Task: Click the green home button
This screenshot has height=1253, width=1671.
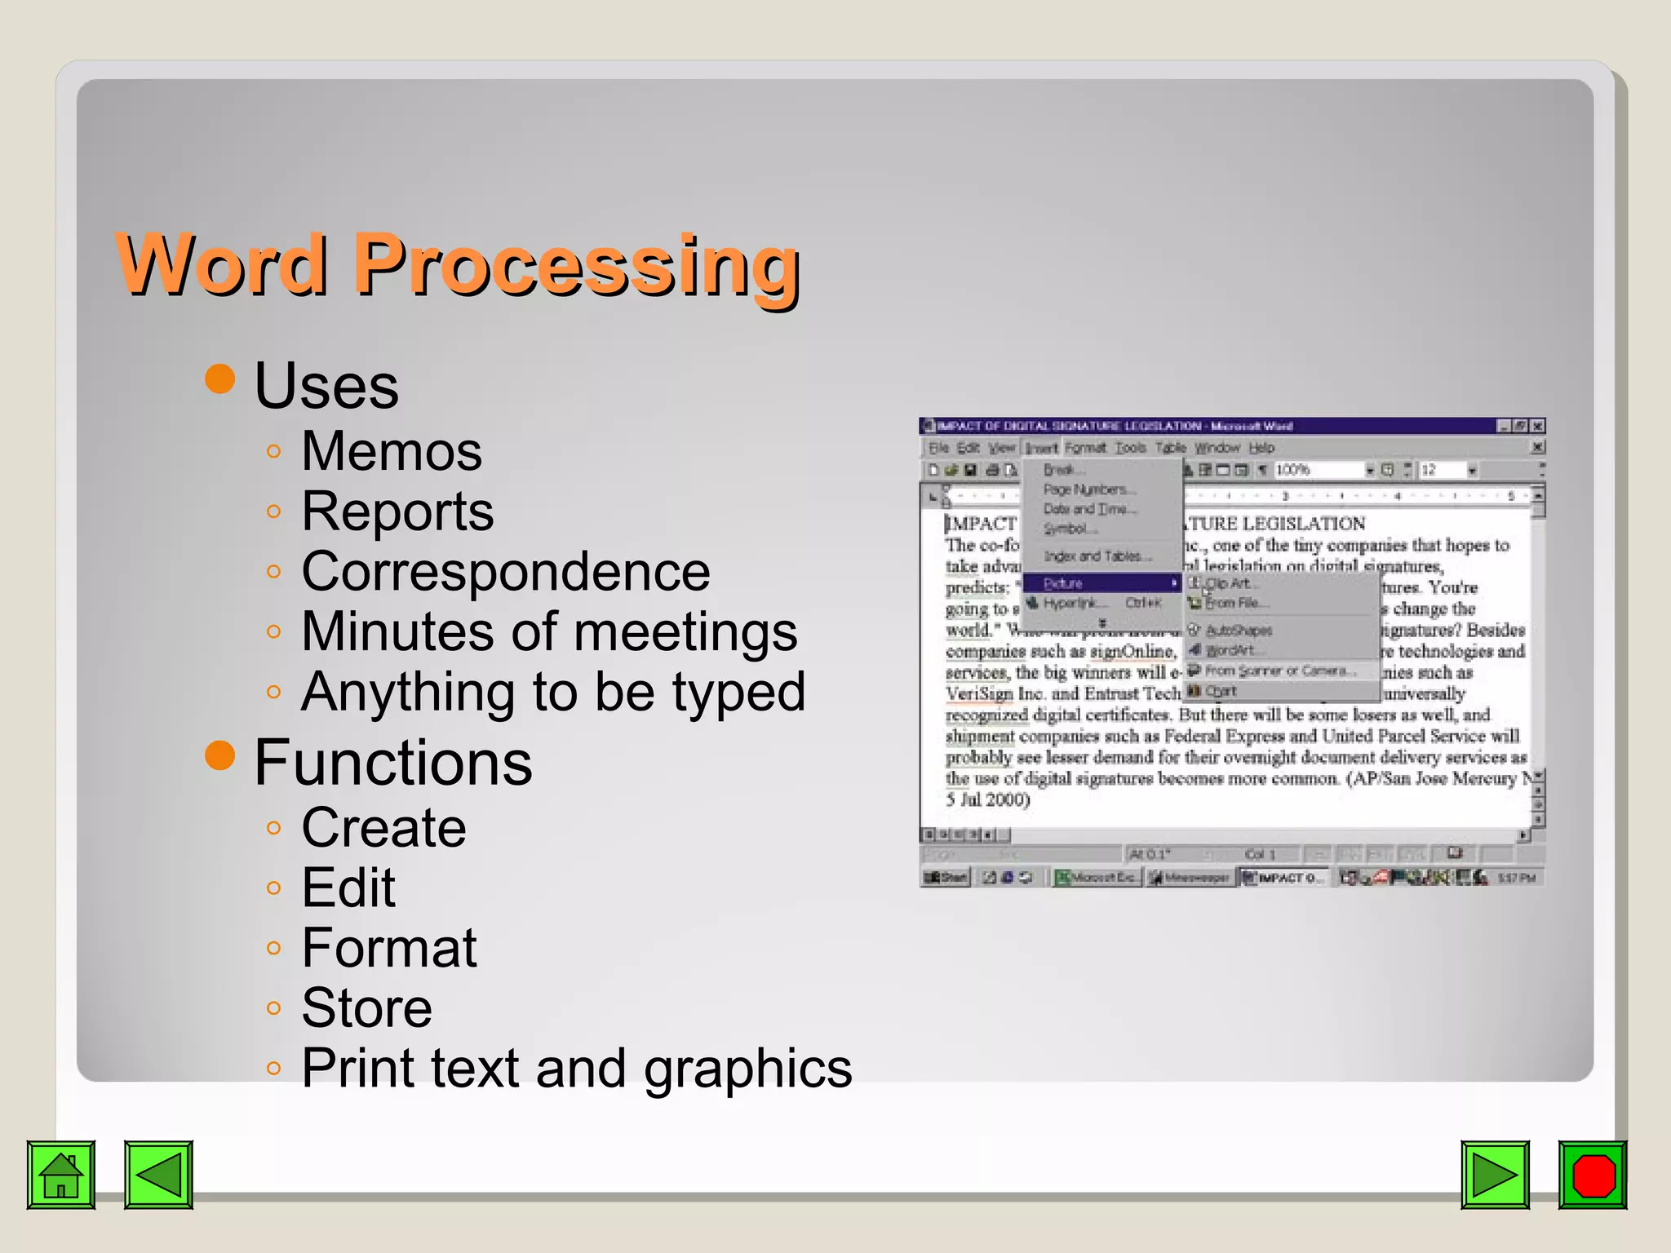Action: (x=61, y=1175)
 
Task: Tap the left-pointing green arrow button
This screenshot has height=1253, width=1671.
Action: (x=158, y=1175)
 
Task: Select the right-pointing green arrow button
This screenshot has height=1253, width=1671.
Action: (x=1495, y=1175)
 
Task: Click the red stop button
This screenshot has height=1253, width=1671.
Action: (x=1592, y=1175)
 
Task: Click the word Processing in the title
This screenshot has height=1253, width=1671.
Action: (x=576, y=265)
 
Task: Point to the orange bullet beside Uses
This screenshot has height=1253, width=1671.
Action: (x=220, y=379)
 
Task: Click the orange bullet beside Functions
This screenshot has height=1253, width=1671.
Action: (x=220, y=755)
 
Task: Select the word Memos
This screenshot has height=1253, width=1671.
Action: (x=392, y=451)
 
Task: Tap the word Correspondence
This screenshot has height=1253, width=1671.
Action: (x=506, y=571)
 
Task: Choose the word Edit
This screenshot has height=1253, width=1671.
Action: (x=348, y=888)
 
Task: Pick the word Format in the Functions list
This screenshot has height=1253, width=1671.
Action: (x=389, y=948)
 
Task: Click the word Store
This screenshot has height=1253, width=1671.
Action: (x=366, y=1008)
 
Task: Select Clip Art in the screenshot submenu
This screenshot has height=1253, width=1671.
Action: (x=1227, y=583)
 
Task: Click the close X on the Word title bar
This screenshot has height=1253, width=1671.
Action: (x=1537, y=426)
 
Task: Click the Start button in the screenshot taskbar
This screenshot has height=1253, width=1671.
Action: (x=946, y=878)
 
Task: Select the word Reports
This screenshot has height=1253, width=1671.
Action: (x=397, y=511)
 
